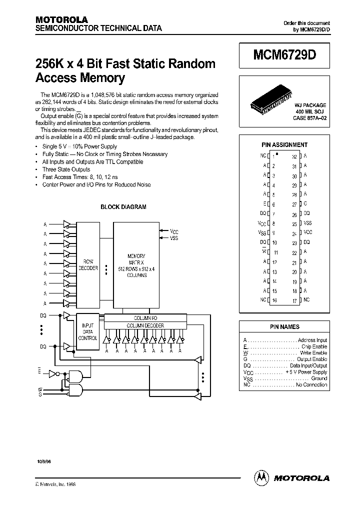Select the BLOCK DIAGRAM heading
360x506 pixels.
coord(123,207)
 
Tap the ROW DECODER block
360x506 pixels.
coord(88,265)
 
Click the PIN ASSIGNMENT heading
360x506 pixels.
coord(284,145)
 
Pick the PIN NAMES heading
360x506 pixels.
coord(284,327)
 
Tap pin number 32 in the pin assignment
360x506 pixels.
coord(294,156)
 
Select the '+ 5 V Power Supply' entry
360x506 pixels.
coord(306,372)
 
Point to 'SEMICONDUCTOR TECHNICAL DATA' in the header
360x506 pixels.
coord(98,28)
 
